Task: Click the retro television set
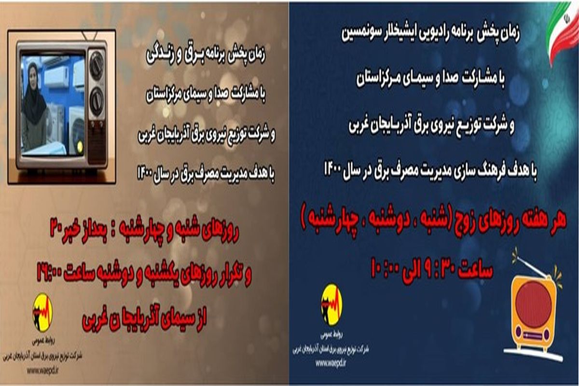pos(62,106)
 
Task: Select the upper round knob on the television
pos(96,65)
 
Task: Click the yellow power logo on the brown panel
pos(42,312)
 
